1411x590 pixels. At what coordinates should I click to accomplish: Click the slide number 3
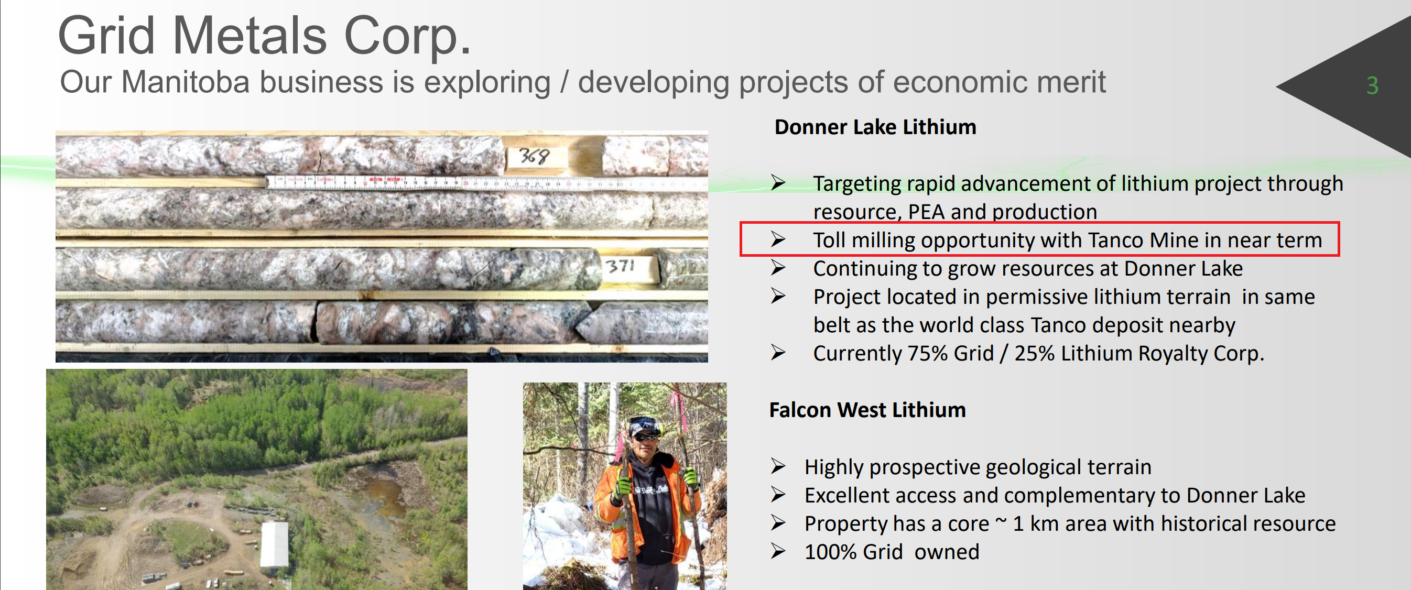coord(1372,85)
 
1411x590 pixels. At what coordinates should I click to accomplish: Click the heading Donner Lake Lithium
coord(875,127)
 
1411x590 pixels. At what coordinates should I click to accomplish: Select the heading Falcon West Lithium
coord(867,410)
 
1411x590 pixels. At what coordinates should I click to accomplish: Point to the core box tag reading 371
coord(624,267)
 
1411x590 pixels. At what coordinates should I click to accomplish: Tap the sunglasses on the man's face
coord(645,436)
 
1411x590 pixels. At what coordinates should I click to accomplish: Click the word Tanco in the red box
coord(1116,240)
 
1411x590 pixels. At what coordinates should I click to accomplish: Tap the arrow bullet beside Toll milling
coord(778,239)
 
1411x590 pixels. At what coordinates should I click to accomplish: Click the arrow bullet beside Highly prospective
coord(778,466)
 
